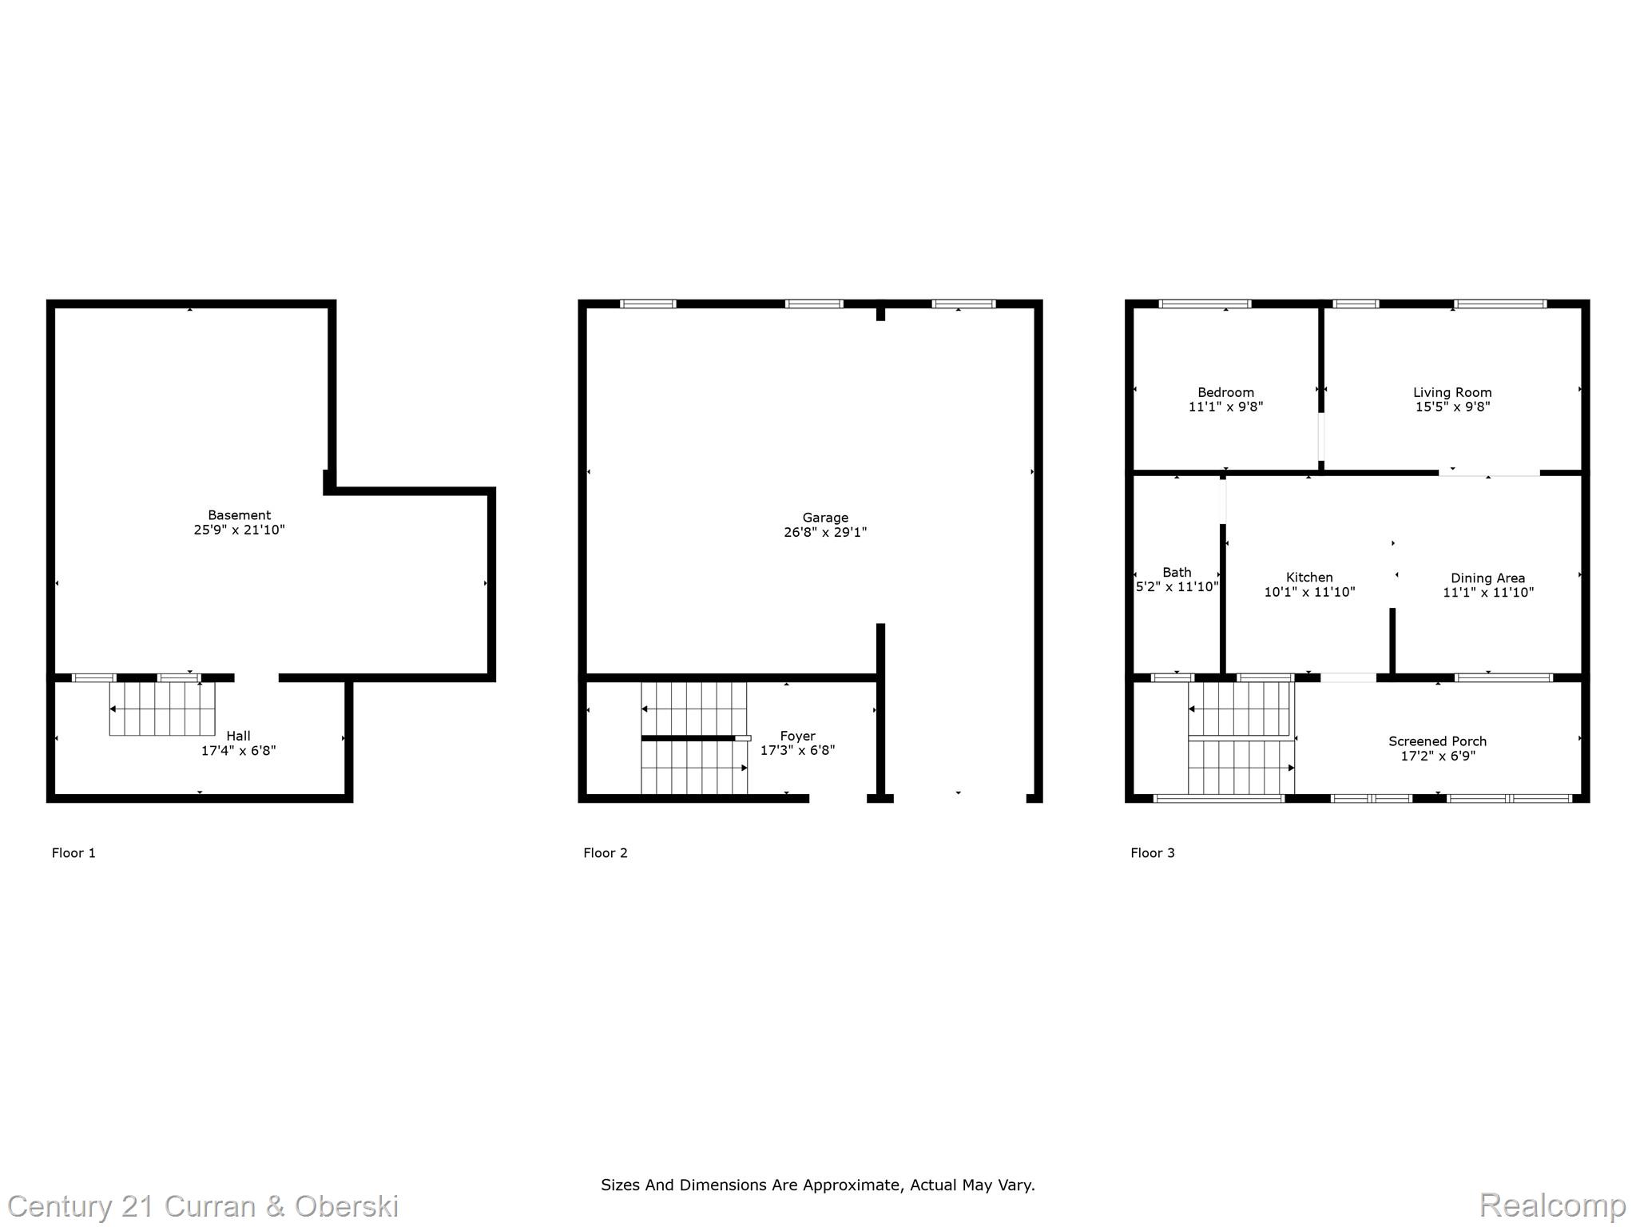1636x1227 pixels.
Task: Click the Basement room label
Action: [239, 515]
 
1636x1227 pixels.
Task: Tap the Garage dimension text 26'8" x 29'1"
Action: [825, 532]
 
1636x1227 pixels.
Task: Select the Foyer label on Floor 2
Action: [797, 736]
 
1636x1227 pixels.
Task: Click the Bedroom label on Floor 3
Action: [1225, 392]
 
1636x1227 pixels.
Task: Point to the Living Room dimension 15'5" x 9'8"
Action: [1452, 407]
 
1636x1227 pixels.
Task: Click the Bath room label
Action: [1177, 572]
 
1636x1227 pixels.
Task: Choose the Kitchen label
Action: [1309, 578]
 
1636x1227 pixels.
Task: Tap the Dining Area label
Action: [1487, 578]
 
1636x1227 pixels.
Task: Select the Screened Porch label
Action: [1437, 741]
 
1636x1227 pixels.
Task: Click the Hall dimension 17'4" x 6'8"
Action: [238, 751]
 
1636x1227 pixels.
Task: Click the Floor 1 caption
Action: [73, 853]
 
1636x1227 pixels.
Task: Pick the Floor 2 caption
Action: [606, 853]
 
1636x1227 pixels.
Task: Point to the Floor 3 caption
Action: [1152, 853]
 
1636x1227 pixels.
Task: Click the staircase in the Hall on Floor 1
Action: [162, 709]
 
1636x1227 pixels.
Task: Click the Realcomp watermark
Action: [1552, 1205]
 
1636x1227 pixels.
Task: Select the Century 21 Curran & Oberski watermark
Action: [203, 1206]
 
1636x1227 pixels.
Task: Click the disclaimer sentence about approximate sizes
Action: [817, 1185]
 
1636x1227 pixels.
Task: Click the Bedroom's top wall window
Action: [1205, 304]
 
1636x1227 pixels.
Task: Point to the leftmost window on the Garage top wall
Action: [648, 304]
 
